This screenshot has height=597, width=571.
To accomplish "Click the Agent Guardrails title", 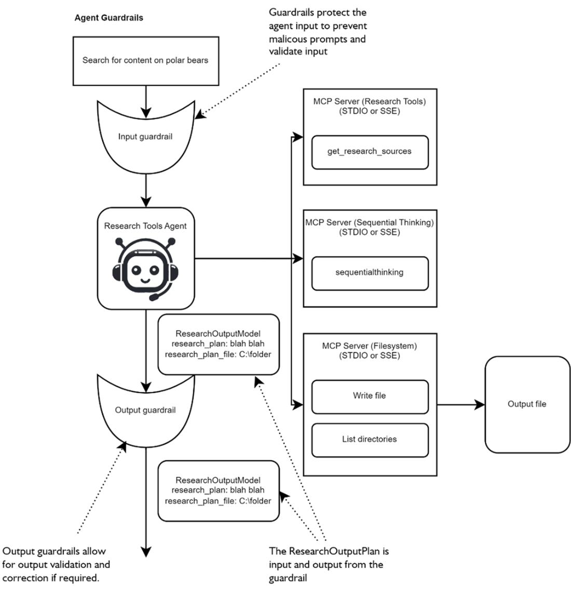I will coord(108,18).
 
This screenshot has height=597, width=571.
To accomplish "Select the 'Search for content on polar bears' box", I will coord(145,60).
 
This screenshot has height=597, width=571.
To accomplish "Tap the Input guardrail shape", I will coord(145,137).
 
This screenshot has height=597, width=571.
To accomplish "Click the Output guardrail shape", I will coord(145,410).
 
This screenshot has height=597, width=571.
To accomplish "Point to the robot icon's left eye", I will coord(136,270).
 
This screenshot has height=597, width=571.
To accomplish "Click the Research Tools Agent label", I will coord(145,226).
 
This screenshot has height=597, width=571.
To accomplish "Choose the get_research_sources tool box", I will coord(370,152).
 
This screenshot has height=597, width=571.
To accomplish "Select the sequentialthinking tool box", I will coord(370,272).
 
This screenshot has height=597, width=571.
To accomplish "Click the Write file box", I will coord(370,396).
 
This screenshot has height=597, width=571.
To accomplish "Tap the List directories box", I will coord(370,440).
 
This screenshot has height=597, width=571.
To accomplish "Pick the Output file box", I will coord(527,404).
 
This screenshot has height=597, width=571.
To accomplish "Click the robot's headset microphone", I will coord(155,298).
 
